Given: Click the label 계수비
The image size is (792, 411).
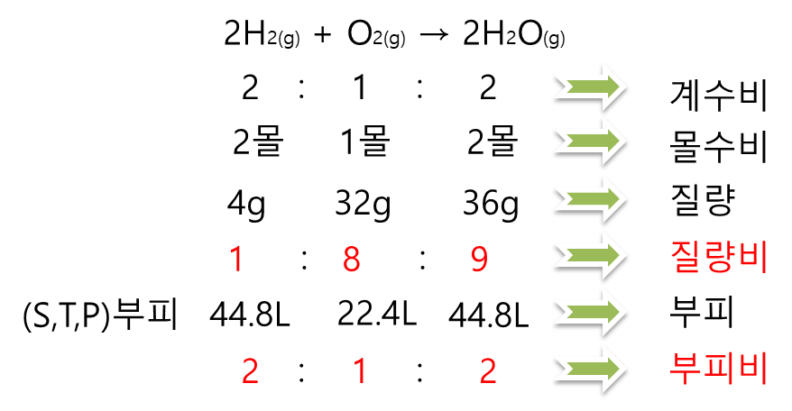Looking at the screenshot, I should click(x=718, y=94).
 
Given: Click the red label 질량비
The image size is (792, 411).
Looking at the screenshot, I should click(x=718, y=258).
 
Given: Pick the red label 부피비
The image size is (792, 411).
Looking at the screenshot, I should click(x=718, y=369).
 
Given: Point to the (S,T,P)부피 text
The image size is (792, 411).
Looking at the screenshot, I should click(x=99, y=315).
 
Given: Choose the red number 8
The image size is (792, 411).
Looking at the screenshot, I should click(x=351, y=260).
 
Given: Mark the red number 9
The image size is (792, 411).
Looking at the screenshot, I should click(x=479, y=260).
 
